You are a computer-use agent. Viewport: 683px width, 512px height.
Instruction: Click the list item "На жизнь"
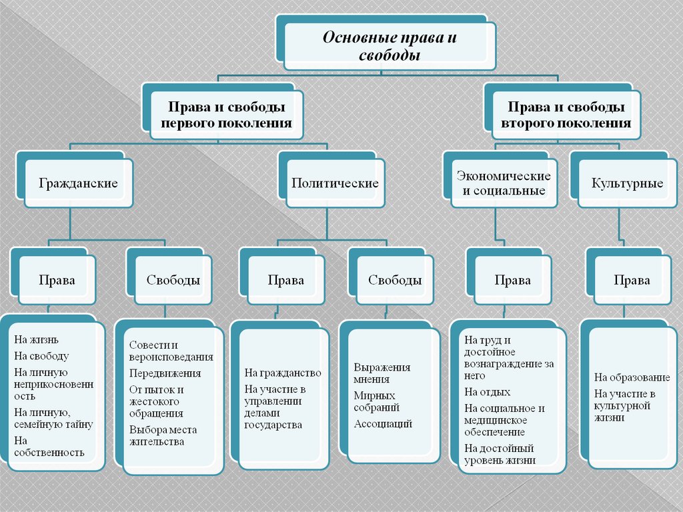click(x=36, y=339)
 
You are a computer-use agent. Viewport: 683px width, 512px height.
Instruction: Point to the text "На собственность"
click(x=49, y=447)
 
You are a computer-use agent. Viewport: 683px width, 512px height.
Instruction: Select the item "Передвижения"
click(x=165, y=373)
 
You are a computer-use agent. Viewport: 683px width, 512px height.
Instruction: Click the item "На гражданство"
click(x=283, y=373)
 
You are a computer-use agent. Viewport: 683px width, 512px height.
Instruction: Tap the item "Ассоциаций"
click(x=383, y=424)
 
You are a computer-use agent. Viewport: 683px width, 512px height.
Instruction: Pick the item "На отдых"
click(x=487, y=392)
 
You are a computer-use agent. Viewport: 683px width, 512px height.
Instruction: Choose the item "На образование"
click(x=632, y=377)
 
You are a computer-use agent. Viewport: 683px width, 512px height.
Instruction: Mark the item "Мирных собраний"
click(x=377, y=401)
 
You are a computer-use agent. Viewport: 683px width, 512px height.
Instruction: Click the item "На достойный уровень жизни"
click(x=500, y=455)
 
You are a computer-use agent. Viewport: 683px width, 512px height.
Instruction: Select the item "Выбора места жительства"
click(x=163, y=436)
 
